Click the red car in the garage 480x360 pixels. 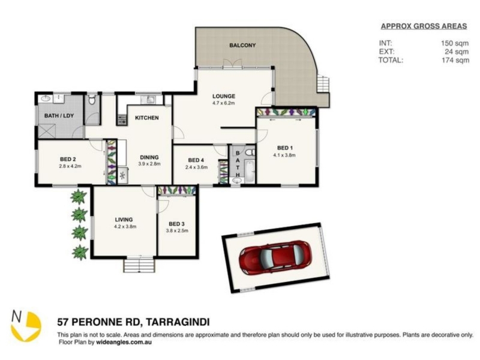[x=275, y=257]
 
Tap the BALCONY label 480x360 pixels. [x=242, y=46]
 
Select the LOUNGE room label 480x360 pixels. [x=224, y=96]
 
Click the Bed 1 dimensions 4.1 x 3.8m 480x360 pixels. [x=284, y=155]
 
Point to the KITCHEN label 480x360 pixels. [x=147, y=118]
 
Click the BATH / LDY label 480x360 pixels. [x=59, y=116]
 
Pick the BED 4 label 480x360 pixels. [x=196, y=160]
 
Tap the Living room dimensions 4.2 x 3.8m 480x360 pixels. [x=125, y=227]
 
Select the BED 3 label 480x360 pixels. [x=176, y=224]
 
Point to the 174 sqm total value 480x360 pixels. [x=455, y=60]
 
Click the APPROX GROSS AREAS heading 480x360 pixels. [x=424, y=26]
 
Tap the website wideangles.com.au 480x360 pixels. [x=124, y=342]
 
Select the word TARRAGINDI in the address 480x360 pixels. [x=178, y=322]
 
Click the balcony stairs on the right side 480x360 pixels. [x=323, y=84]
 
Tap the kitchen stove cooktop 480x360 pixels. [x=122, y=119]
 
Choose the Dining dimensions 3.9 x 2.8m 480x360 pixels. [x=149, y=164]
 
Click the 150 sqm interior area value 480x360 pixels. [x=455, y=43]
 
